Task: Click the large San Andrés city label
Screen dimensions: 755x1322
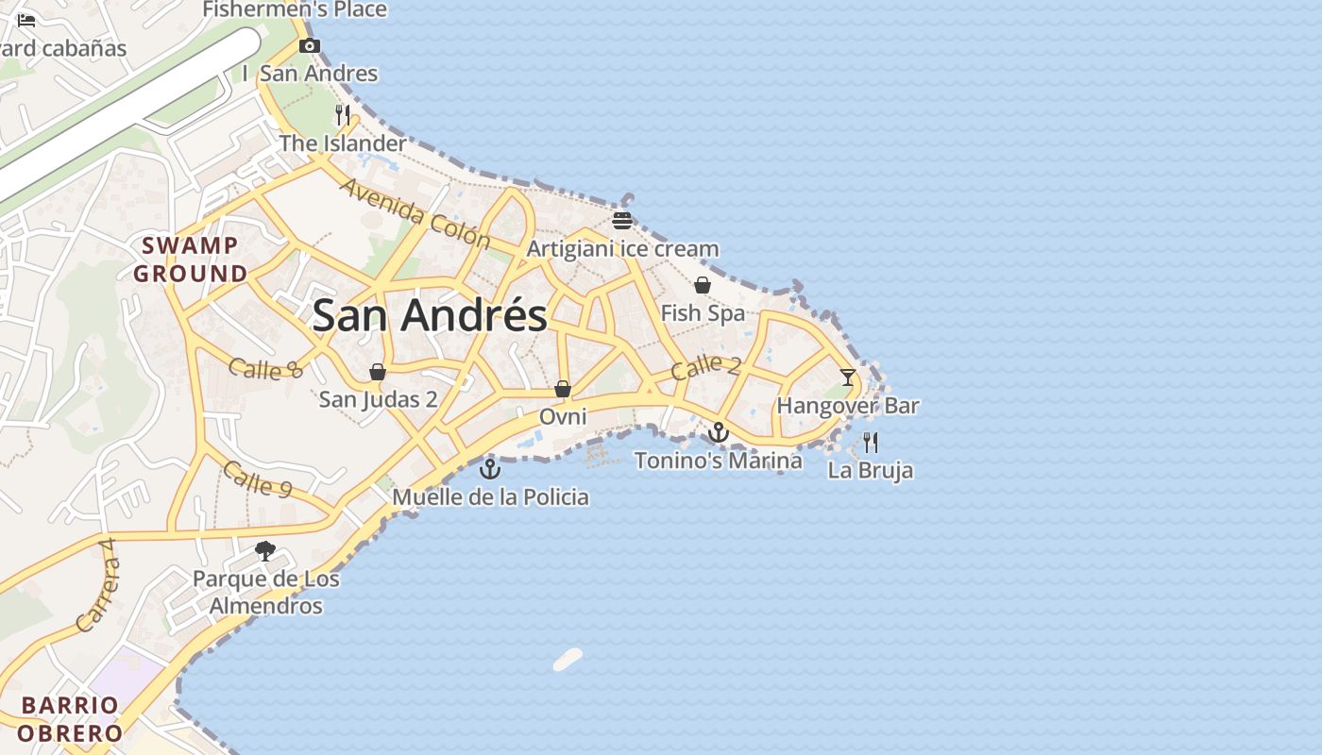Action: [430, 315]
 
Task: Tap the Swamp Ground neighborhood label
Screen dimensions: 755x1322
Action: [190, 260]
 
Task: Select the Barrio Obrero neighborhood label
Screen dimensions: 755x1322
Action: [70, 719]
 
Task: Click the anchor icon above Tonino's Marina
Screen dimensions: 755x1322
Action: [719, 432]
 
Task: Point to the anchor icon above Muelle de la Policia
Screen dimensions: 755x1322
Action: [490, 468]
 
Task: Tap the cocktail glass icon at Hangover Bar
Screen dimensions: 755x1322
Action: [847, 377]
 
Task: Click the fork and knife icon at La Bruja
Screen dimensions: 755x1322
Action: [871, 442]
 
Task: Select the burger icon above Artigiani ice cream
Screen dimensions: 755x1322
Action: [621, 221]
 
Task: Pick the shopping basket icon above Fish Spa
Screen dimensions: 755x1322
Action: [702, 285]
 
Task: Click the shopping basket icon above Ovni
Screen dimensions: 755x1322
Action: [563, 389]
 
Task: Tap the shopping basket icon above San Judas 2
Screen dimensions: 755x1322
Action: [378, 372]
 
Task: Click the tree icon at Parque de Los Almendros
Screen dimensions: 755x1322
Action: [265, 550]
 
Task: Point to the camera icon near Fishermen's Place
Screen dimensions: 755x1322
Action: [309, 45]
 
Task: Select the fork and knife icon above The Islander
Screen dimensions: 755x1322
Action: [343, 115]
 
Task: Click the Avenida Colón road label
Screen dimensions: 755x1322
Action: [415, 213]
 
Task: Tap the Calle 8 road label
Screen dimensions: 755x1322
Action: [266, 368]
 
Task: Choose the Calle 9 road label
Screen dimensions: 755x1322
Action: [258, 479]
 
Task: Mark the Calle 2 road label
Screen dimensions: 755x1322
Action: [705, 367]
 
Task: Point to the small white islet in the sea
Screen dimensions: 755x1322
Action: [568, 660]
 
